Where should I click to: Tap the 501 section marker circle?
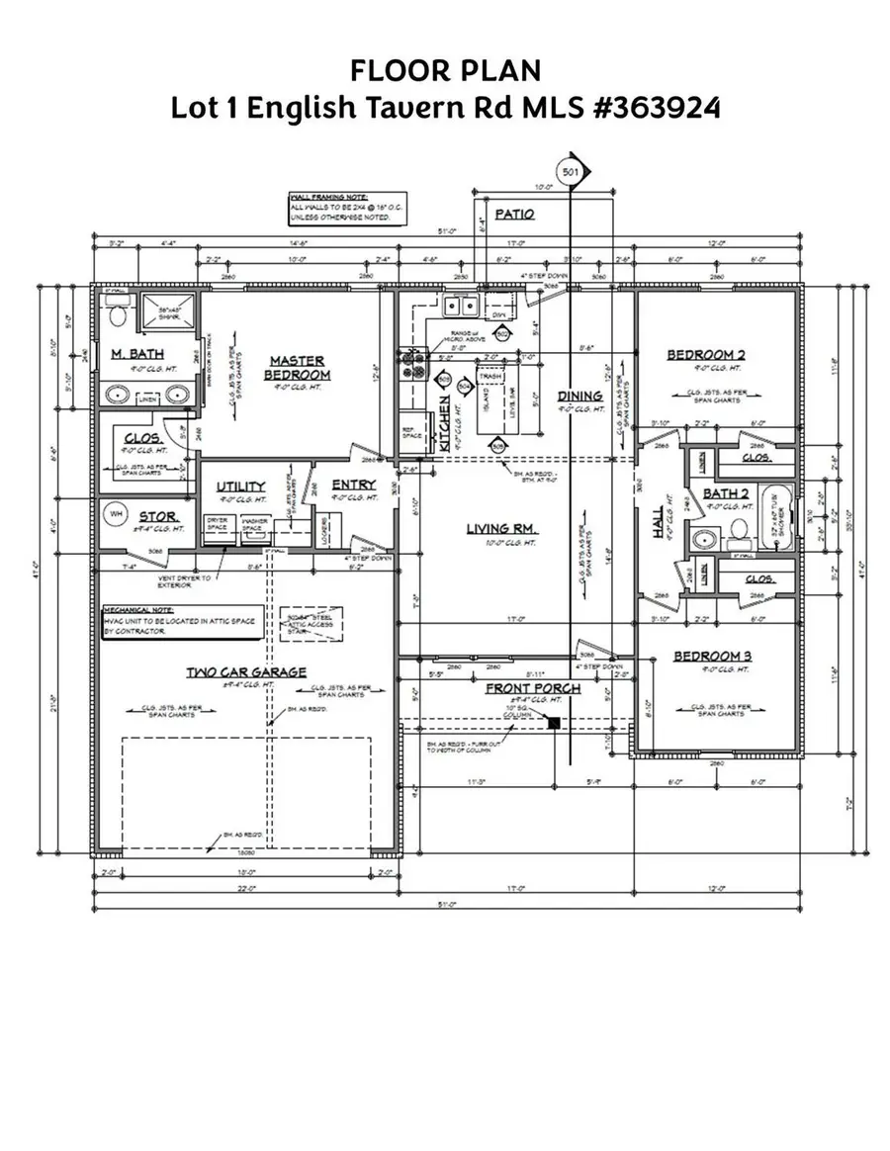pos(570,170)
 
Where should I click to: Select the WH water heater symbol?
pos(115,514)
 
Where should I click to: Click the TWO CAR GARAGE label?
pos(246,672)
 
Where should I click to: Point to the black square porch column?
pos(554,724)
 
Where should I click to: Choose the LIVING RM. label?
pos(502,529)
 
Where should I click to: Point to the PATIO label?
pos(514,214)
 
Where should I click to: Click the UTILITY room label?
pos(240,486)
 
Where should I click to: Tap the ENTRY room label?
pos(353,484)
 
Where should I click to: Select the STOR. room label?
pos(157,515)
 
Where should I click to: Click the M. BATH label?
pos(136,354)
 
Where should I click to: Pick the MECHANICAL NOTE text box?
pos(183,620)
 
